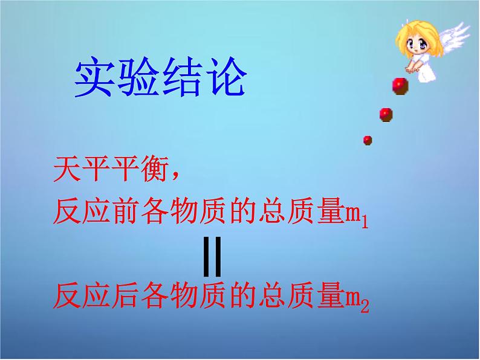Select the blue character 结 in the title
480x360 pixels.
182,77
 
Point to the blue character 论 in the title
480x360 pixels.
226,77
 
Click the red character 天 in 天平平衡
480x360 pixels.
67,169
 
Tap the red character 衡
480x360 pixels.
155,169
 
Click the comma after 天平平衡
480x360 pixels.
175,176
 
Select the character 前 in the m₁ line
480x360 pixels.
126,211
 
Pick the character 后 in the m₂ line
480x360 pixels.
126,295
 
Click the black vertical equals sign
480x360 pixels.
212,256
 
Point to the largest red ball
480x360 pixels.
400,86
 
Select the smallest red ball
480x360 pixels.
368,140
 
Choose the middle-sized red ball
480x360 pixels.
386,115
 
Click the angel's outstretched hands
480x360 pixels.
411,69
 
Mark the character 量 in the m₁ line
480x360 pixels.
332,211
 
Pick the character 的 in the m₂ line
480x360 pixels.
243,295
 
